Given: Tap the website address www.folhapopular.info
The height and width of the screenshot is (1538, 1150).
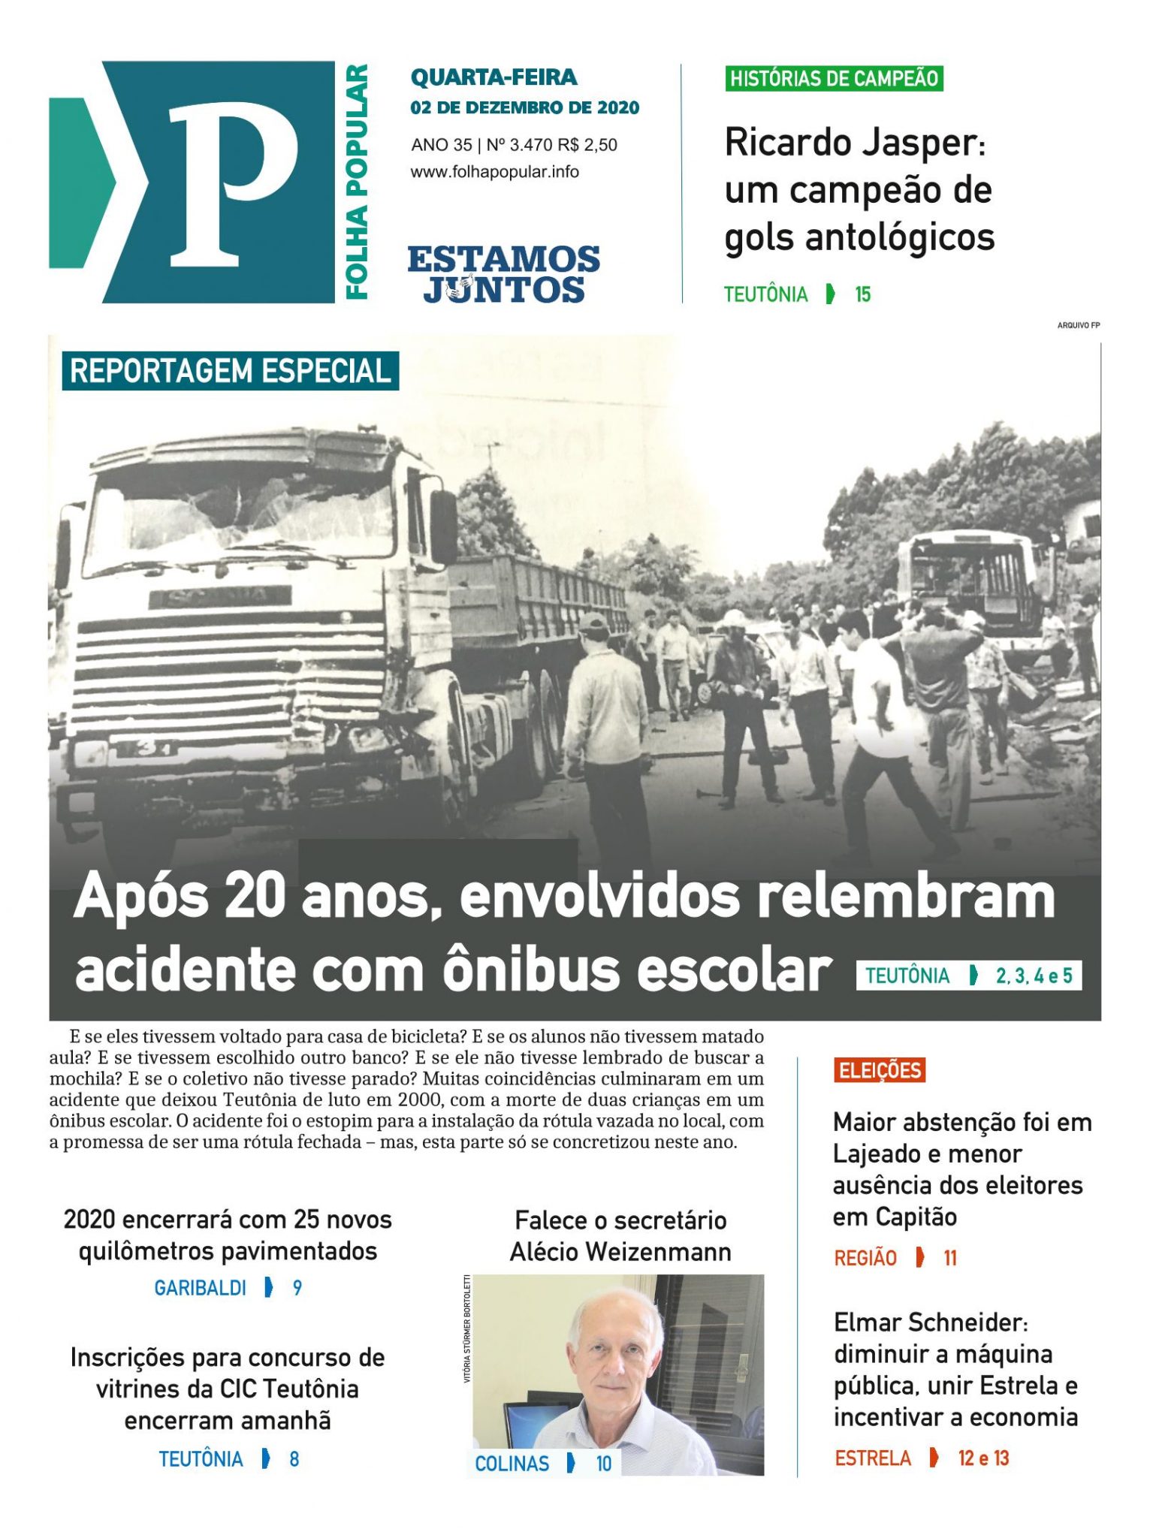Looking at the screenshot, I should click(494, 172).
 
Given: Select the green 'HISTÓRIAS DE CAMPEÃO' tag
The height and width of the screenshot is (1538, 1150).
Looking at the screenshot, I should click(834, 78).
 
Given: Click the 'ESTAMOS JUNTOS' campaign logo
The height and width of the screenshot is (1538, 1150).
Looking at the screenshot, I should click(503, 275).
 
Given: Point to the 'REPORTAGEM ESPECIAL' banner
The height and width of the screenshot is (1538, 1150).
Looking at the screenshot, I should click(230, 371).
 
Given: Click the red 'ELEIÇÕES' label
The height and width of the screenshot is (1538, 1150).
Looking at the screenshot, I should click(879, 1070).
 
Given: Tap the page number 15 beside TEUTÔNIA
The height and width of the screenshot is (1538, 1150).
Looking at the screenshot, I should click(862, 294).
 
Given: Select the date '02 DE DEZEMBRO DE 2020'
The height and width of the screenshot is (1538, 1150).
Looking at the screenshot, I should click(524, 107).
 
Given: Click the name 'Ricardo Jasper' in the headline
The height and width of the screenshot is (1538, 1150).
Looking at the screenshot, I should click(851, 143).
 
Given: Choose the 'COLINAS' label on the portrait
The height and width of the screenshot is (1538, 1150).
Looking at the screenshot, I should click(512, 1463).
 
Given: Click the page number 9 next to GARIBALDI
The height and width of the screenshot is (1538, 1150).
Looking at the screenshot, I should click(297, 1288).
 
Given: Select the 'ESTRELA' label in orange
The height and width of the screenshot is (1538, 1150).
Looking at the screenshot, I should click(872, 1458).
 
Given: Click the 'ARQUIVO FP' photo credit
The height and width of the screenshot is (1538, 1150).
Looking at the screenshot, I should click(1078, 325).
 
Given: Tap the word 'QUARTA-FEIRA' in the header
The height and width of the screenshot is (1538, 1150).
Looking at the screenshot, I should click(494, 77).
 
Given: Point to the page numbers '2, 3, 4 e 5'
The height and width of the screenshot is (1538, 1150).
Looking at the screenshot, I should click(1034, 976).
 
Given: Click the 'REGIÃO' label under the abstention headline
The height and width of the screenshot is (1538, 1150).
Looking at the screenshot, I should click(865, 1258).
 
